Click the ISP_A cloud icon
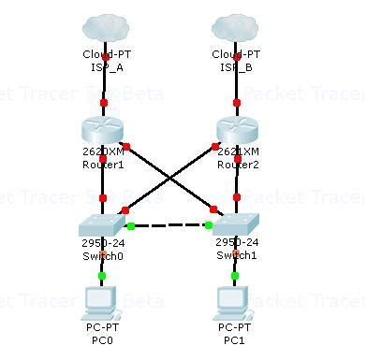(103, 27)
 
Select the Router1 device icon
(103, 130)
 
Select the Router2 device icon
(236, 130)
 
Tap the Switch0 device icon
(103, 224)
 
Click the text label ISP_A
(103, 66)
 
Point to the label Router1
(103, 165)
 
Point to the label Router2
(236, 165)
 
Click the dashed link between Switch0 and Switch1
(169, 225)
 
